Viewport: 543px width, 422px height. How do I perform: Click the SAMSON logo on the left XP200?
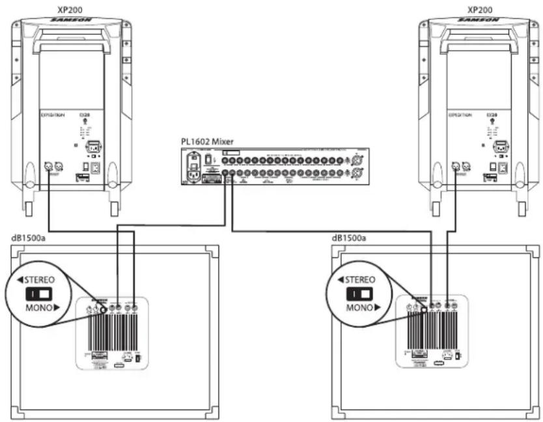70,21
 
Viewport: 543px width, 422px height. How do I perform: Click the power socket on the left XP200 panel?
91,147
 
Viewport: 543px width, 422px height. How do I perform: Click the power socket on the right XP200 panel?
500,147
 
